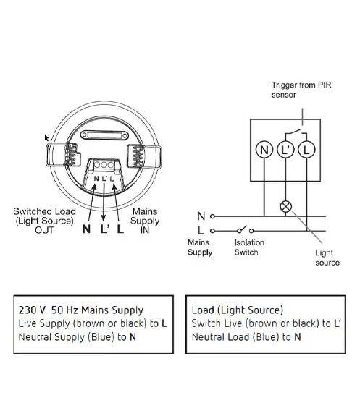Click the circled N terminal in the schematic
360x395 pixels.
click(x=264, y=150)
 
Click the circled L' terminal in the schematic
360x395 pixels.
click(x=285, y=150)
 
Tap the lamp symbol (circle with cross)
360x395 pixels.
click(x=286, y=207)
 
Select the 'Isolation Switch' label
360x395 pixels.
click(x=249, y=247)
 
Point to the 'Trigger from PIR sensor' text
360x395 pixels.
click(x=301, y=90)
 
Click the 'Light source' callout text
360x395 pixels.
click(x=327, y=258)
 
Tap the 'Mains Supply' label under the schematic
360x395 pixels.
click(x=200, y=247)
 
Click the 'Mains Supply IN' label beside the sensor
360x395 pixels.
click(x=145, y=221)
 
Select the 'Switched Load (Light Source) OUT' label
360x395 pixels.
click(x=44, y=221)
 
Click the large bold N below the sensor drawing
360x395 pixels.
click(x=86, y=229)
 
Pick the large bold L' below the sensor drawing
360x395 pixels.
click(x=105, y=229)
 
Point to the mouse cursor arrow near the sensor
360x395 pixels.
click(x=46, y=138)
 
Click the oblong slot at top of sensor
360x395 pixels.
click(x=105, y=135)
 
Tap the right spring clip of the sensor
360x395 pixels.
click(x=144, y=156)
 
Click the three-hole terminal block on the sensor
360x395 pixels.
click(x=104, y=165)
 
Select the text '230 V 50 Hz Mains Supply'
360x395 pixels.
click(x=80, y=310)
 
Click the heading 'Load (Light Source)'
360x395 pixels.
click(x=238, y=310)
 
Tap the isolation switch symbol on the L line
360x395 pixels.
click(x=245, y=229)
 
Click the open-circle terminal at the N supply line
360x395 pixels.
click(x=212, y=216)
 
